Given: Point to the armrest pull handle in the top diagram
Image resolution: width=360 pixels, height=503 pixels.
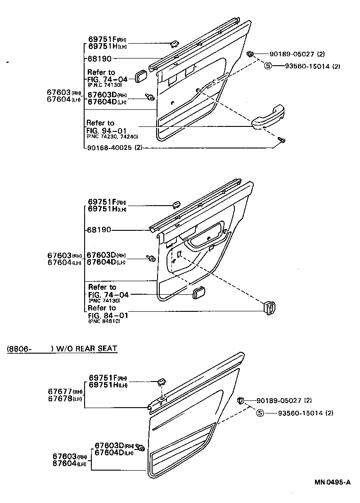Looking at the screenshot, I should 269,117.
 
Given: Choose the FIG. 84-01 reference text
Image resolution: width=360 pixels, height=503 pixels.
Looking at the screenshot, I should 108,315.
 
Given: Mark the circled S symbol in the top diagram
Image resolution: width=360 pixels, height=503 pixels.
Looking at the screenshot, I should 268,66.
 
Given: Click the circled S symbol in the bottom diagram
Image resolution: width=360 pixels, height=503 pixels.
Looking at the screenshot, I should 260,413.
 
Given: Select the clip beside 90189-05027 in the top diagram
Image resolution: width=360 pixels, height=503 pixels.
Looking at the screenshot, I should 250,54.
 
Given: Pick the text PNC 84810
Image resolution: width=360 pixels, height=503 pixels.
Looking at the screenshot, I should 104,322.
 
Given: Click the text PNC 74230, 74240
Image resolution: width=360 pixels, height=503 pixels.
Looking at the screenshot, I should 113,136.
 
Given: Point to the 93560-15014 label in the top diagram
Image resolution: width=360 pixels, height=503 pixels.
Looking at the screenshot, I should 308,66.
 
